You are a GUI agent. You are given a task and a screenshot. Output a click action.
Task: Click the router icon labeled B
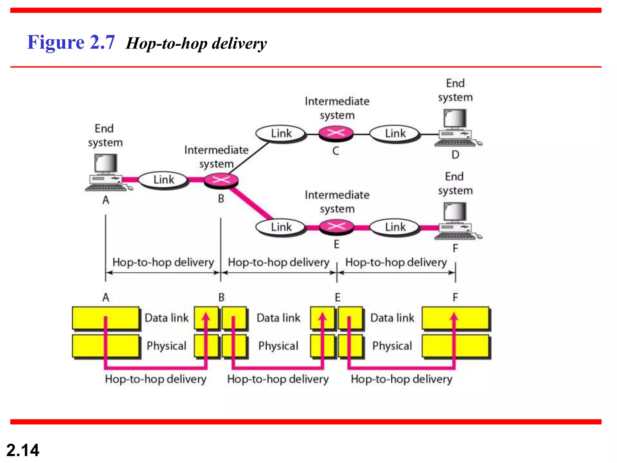pos(221,181)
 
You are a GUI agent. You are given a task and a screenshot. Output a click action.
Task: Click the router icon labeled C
pos(336,133)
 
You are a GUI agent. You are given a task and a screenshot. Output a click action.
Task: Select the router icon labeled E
pos(336,227)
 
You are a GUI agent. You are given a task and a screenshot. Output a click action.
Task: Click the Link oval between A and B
pos(164,180)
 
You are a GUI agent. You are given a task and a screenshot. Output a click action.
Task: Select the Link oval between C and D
pos(395,134)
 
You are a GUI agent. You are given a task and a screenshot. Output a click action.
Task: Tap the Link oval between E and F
pos(395,227)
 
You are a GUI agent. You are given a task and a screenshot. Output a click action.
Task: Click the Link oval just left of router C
pos(281,134)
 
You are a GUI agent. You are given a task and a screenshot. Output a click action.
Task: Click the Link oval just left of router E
pos(281,227)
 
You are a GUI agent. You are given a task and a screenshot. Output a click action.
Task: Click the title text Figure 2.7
pos(71,42)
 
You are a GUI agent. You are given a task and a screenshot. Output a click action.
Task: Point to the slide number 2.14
pos(23,450)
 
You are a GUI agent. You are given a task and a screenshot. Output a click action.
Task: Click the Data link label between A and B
pos(167,318)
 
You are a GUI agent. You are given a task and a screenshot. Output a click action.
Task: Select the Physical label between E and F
pos(392,346)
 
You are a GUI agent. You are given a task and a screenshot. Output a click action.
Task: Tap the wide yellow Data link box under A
pos(106,318)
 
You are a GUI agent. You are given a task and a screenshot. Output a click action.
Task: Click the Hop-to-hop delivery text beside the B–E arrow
pos(278,262)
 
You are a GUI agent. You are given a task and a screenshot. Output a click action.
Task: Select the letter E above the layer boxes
pos(337,298)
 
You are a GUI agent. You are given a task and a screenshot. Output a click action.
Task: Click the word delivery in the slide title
pos(239,43)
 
